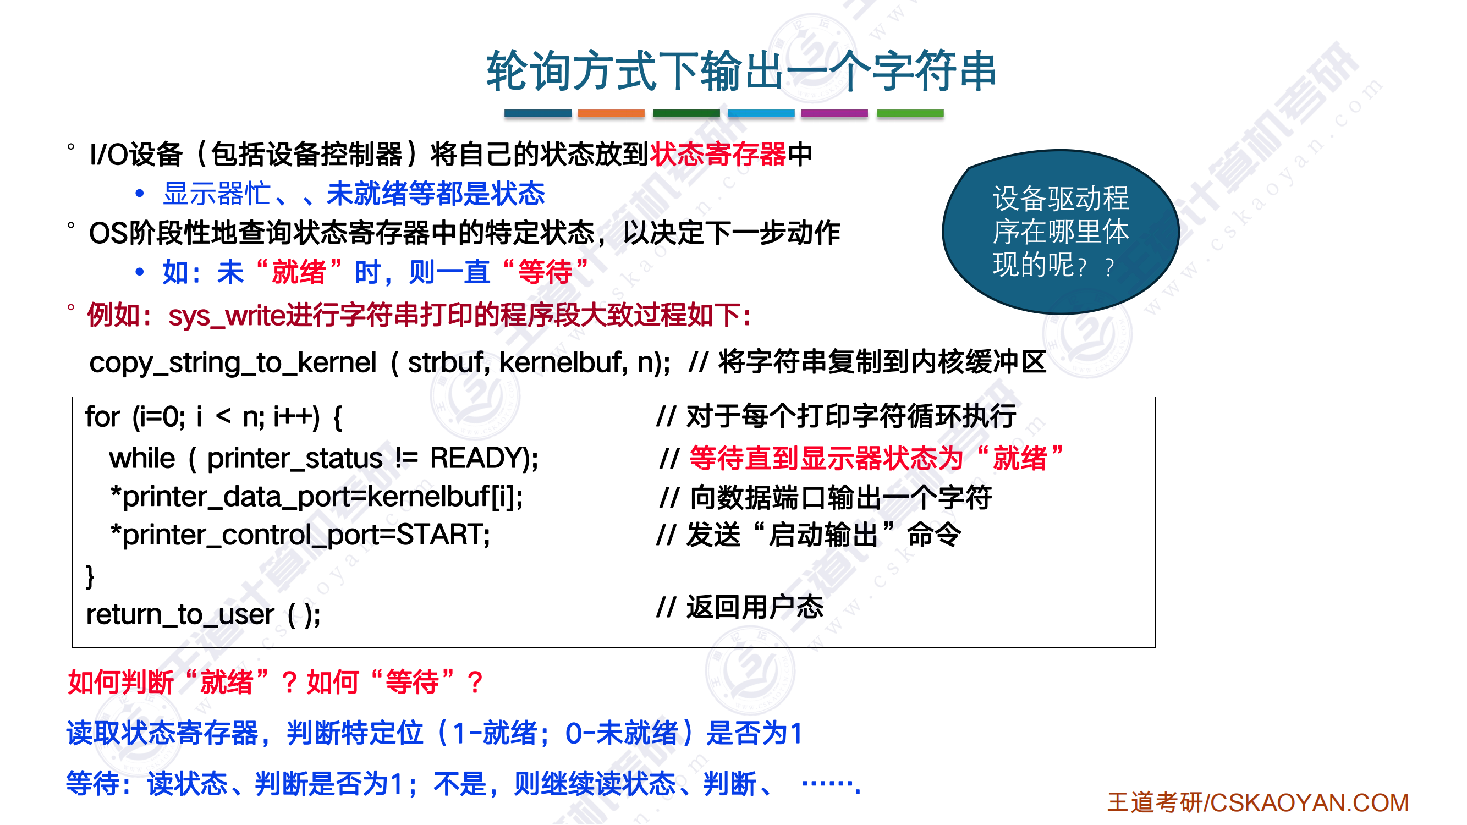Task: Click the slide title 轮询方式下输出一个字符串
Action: [x=741, y=71]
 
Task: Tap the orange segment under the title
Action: [x=611, y=113]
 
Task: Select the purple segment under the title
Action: [x=834, y=113]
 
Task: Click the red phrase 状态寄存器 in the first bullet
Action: [x=718, y=154]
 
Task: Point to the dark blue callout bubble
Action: [x=1061, y=232]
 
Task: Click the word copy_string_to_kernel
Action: [x=233, y=362]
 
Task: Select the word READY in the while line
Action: [x=479, y=458]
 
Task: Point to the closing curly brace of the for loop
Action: [x=90, y=576]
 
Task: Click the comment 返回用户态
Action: [x=755, y=607]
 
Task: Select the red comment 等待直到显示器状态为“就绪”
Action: [x=876, y=458]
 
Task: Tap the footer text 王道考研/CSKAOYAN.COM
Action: [x=1258, y=803]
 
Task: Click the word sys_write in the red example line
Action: [x=227, y=316]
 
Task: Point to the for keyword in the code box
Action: [x=102, y=416]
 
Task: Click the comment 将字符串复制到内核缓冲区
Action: [x=882, y=362]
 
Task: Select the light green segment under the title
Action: [x=910, y=113]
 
